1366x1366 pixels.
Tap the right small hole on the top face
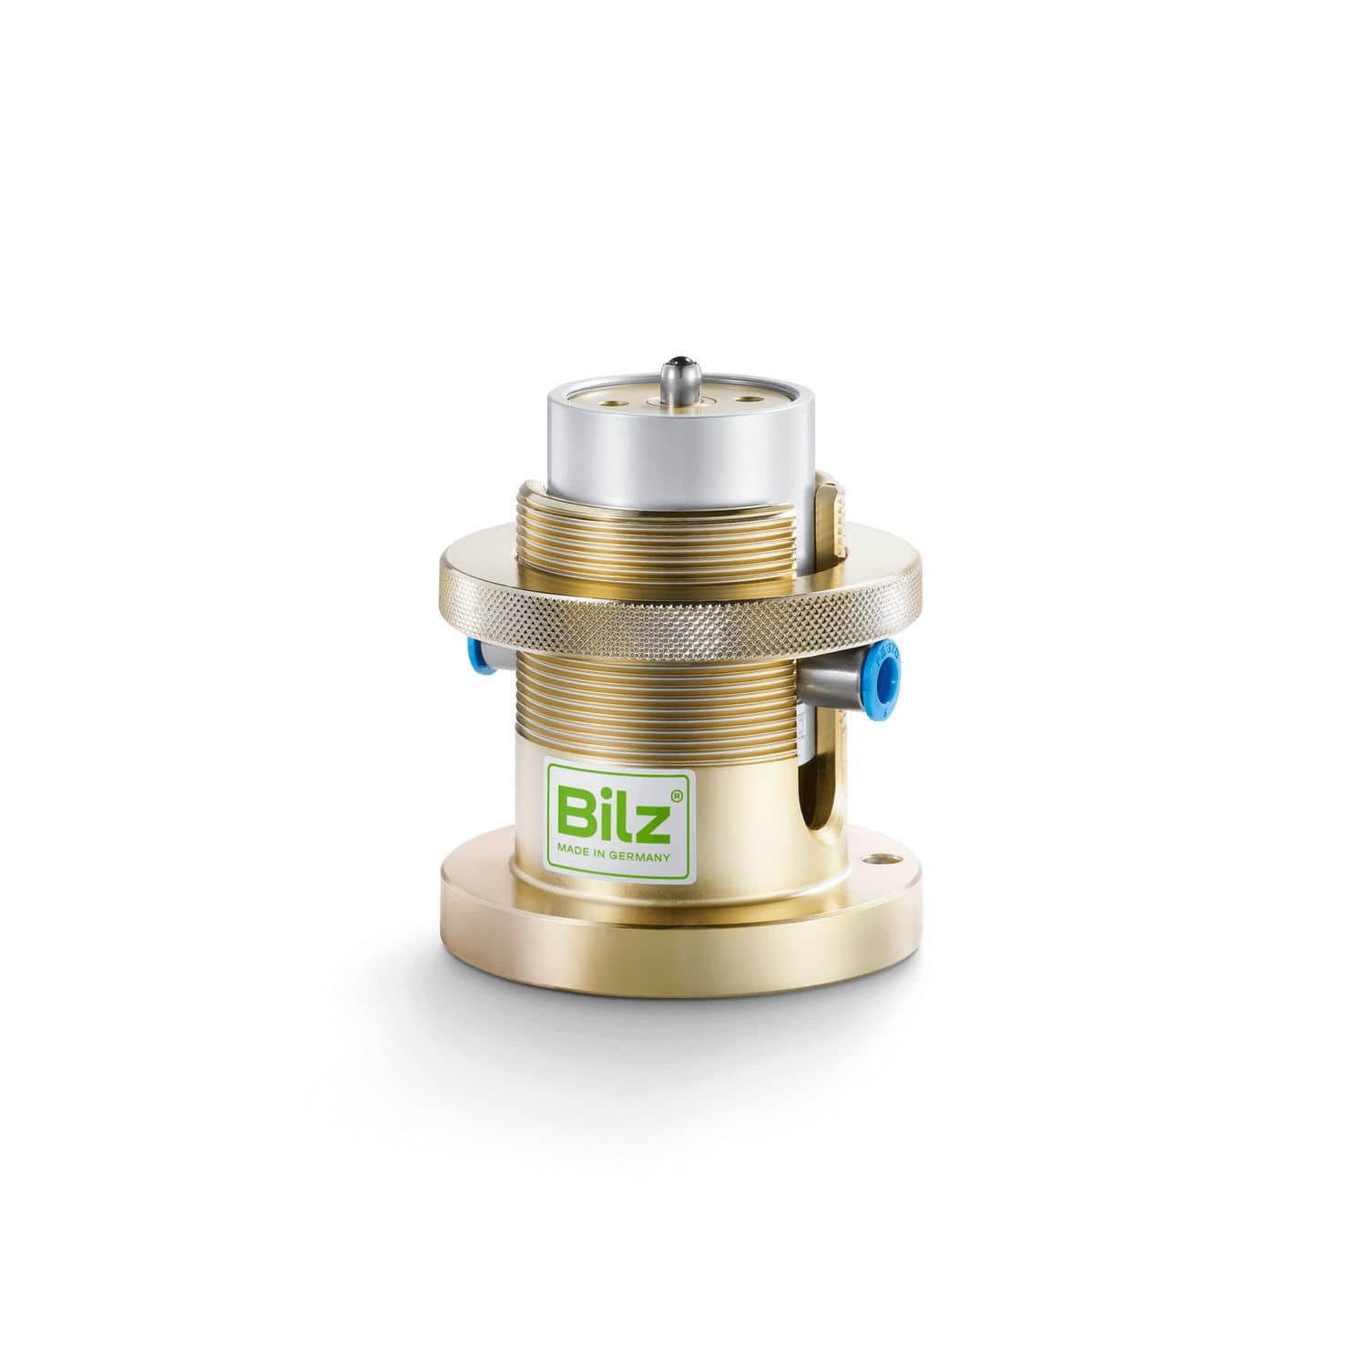coord(751,398)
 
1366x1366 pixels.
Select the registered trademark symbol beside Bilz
coord(676,796)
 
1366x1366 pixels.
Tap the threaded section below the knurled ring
coord(656,701)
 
